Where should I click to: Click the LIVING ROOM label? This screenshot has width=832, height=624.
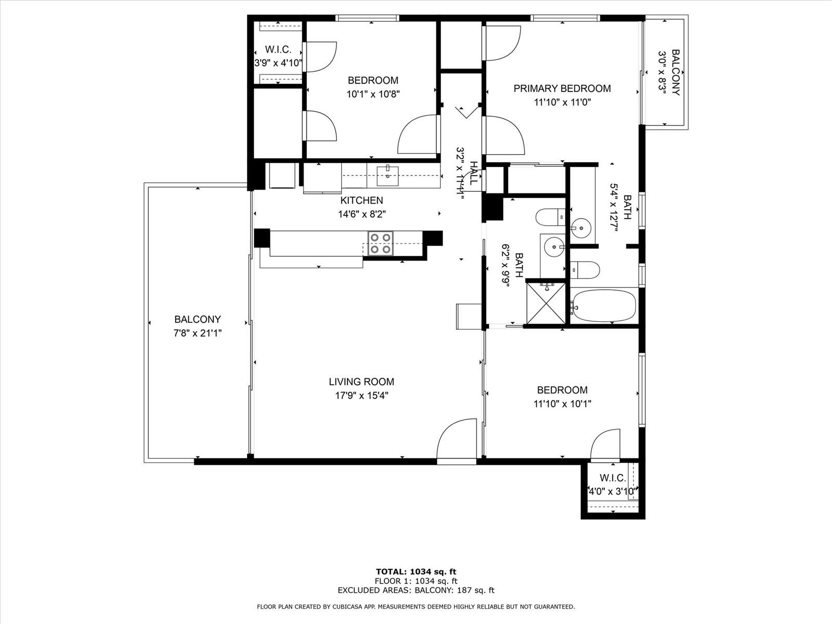coord(361,382)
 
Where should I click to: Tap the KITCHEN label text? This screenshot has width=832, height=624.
coord(361,200)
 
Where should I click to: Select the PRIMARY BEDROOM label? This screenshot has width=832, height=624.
coord(562,88)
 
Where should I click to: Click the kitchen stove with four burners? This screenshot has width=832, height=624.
coord(380,243)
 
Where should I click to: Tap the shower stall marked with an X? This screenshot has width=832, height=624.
coord(546,303)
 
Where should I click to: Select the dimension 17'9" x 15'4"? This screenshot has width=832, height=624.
coord(361,396)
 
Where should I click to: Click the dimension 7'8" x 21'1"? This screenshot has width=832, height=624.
coord(198,333)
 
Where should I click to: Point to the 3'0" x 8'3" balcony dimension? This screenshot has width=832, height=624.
coord(662,72)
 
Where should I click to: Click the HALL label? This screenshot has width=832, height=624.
coord(474,173)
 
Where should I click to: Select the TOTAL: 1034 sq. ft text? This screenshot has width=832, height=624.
coord(416,571)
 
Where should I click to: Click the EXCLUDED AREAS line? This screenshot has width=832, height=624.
coord(416,590)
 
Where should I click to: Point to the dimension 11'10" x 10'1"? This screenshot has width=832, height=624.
coord(562,404)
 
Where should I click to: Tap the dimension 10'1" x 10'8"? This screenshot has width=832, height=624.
coord(373,94)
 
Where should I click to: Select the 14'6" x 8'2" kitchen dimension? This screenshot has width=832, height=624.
coord(361,214)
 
